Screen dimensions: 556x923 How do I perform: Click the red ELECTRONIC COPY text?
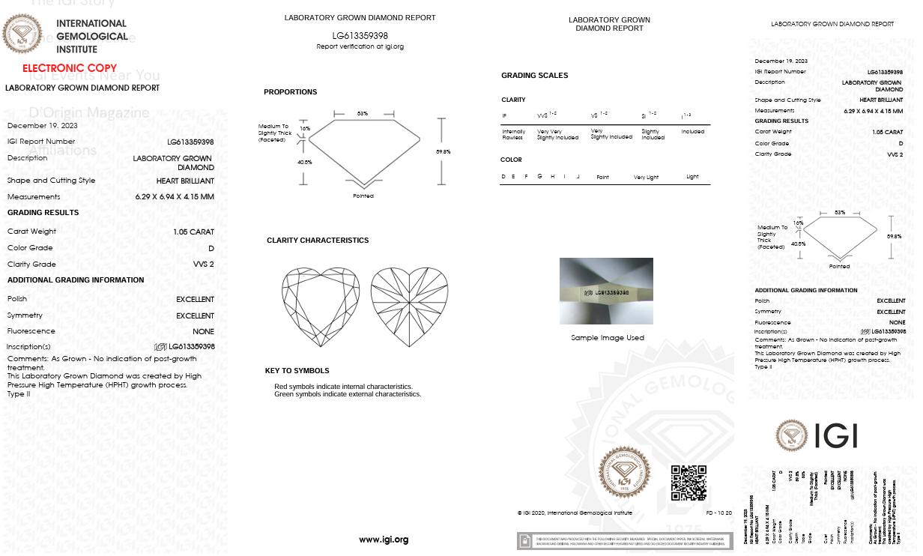[70, 68]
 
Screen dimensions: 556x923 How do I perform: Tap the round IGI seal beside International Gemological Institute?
[22, 34]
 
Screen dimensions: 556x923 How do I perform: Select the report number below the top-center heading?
[360, 35]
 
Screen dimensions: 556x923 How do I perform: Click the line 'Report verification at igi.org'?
[360, 46]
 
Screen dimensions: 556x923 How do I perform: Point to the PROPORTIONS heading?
[290, 92]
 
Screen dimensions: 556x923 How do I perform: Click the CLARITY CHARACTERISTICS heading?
[318, 241]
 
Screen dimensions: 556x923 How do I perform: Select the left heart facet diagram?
[320, 306]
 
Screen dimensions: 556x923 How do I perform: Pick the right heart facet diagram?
[409, 306]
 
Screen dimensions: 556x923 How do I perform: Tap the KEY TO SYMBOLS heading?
[297, 371]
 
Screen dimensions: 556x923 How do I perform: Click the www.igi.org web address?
[384, 540]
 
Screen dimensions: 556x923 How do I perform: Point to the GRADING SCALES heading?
[534, 76]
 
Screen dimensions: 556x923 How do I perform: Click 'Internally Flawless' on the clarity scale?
[514, 134]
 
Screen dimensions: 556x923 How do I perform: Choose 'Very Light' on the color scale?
[646, 178]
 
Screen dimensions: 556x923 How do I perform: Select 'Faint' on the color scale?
[602, 178]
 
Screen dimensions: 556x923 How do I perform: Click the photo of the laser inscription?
[606, 291]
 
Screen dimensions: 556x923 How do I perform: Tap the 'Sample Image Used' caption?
[607, 338]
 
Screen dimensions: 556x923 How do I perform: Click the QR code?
[688, 483]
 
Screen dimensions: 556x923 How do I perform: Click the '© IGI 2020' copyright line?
[575, 513]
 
